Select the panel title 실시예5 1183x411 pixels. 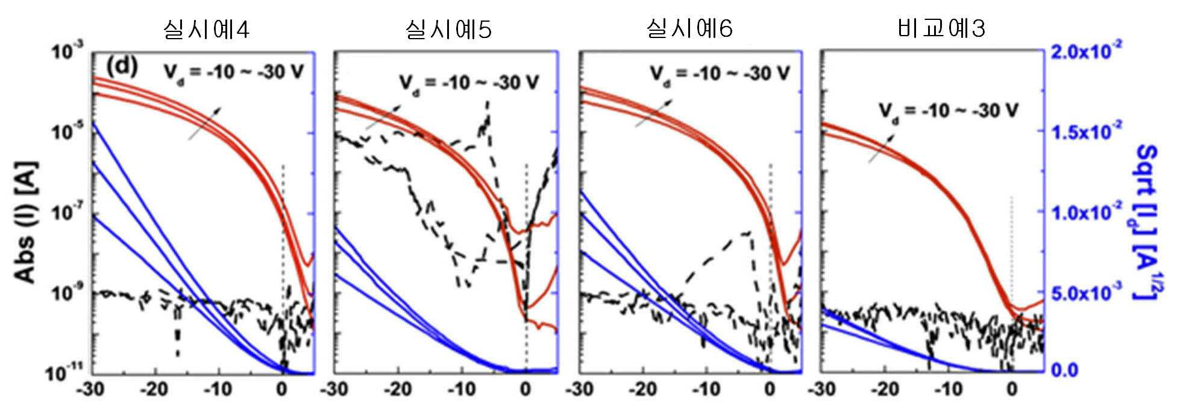[448, 28]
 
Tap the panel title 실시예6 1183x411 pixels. [689, 28]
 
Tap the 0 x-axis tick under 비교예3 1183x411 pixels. [1012, 389]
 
